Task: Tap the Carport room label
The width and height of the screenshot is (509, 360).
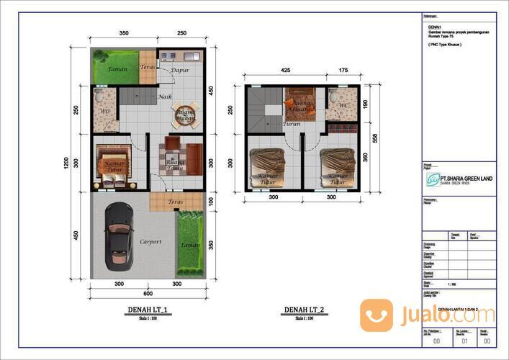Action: [150, 241]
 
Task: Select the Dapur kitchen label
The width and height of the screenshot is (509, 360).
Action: [180, 70]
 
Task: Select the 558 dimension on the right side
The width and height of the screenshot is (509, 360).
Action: [375, 137]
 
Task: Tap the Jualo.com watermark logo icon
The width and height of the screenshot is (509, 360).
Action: [377, 315]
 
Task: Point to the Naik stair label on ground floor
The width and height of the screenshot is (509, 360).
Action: [165, 96]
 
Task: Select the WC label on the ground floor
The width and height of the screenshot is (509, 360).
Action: [104, 112]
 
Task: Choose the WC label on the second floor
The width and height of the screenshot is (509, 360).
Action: [343, 106]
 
